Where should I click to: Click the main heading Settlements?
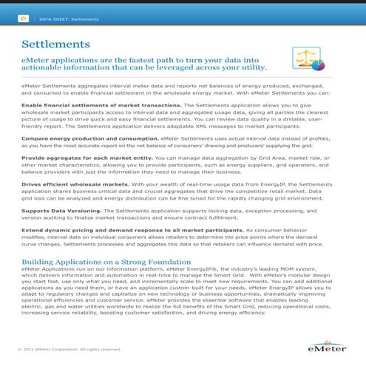coord(56,45)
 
